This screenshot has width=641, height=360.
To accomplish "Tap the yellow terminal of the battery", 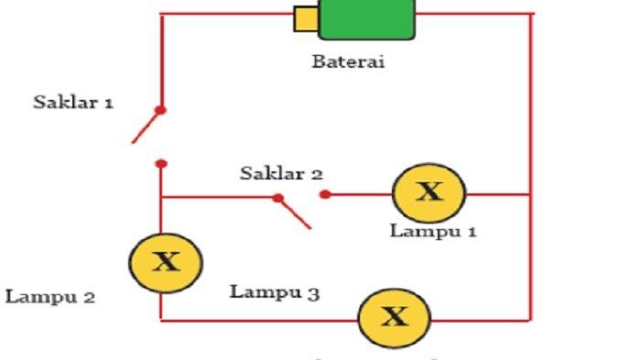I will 305,18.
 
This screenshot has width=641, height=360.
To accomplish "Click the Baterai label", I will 348,63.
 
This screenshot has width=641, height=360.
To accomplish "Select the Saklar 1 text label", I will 73,102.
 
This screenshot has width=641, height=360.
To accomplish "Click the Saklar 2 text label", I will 282,173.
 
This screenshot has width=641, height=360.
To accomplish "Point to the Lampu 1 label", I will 433,231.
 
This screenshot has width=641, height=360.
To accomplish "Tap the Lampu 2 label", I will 50,297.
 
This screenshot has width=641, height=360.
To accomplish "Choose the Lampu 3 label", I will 275,293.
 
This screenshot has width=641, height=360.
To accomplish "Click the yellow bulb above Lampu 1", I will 429,193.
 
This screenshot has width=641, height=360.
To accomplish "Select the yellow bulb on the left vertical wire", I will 165,263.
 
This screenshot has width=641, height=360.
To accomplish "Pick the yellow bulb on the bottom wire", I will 394,318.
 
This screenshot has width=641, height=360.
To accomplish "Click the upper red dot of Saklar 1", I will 160,110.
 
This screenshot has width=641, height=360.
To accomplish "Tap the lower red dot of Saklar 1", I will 161,164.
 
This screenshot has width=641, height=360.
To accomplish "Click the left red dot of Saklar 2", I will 277,197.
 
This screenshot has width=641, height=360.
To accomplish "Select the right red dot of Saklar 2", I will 324,194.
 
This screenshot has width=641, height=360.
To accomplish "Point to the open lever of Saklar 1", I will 147,126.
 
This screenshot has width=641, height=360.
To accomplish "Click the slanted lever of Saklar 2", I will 295,213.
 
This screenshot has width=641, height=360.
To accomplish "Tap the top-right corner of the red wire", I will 530,14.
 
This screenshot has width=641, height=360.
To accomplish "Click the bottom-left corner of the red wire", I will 161,319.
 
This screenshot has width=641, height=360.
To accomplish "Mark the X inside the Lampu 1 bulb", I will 429,192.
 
